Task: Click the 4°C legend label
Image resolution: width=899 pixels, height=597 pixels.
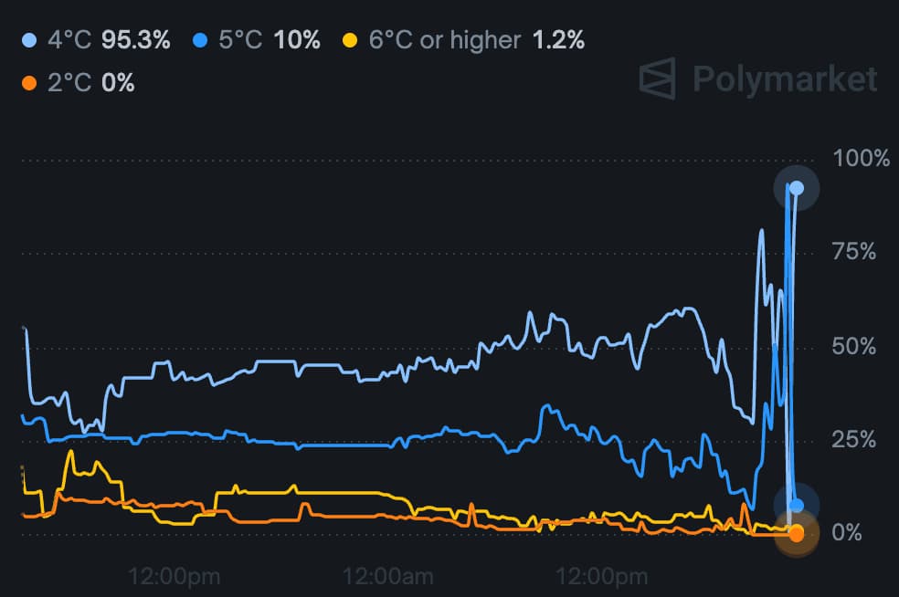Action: click(x=69, y=40)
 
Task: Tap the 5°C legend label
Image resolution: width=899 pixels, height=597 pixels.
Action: click(x=241, y=40)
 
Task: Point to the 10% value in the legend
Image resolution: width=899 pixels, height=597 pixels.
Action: click(x=297, y=40)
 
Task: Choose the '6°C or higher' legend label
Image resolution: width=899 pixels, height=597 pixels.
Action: click(x=445, y=40)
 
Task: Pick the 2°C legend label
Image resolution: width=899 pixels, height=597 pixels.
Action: click(x=69, y=83)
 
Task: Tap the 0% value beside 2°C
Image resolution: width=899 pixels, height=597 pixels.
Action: click(x=118, y=83)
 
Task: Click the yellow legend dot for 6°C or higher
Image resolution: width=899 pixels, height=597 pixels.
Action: click(x=349, y=40)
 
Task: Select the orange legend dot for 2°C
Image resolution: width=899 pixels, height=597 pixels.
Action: click(x=28, y=83)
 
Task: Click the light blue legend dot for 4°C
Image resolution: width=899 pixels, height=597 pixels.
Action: click(x=28, y=40)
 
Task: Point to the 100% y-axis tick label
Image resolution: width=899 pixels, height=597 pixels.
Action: click(x=861, y=159)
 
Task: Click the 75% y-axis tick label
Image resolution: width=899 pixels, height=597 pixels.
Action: click(x=855, y=252)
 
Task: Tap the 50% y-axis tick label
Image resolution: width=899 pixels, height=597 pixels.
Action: click(x=855, y=346)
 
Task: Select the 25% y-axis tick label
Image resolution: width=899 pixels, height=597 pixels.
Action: click(x=855, y=439)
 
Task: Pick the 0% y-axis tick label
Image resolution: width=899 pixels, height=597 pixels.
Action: click(x=847, y=532)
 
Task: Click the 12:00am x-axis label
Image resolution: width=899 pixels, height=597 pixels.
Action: click(x=387, y=576)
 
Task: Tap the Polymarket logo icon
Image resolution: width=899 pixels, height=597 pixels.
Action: click(x=658, y=79)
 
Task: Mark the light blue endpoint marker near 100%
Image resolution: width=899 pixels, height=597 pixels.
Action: click(x=797, y=188)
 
